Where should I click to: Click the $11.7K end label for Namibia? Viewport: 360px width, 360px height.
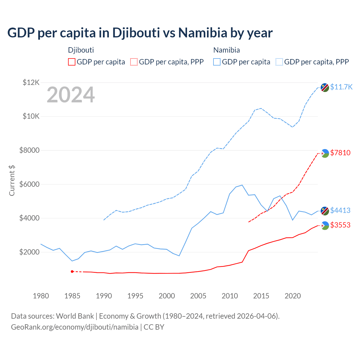click(341, 87)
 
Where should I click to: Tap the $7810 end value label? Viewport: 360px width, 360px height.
click(340, 153)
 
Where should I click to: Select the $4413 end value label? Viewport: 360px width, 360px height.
click(340, 210)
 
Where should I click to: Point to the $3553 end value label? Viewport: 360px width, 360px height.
click(340, 225)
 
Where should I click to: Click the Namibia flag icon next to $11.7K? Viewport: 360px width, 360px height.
click(325, 87)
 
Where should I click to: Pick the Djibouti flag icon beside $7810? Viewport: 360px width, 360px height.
click(325, 153)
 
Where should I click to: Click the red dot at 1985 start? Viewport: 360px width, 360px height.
click(72, 271)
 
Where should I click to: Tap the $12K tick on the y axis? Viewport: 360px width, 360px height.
click(31, 82)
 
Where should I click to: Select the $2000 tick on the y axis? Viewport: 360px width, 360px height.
click(29, 252)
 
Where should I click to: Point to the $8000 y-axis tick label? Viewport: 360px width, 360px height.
click(29, 150)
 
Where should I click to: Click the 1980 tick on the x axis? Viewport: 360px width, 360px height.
click(41, 296)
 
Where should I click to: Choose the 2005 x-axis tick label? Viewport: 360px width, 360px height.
click(198, 296)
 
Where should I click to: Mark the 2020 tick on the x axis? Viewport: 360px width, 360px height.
click(293, 296)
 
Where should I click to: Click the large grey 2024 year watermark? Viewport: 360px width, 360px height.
click(71, 95)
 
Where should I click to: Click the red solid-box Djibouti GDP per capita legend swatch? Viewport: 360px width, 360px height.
click(72, 62)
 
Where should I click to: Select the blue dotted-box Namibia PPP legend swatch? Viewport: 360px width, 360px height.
click(279, 62)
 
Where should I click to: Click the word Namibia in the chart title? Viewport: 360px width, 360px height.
click(202, 33)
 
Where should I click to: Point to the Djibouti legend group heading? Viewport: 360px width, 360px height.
click(81, 50)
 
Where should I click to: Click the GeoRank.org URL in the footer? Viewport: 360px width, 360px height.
click(75, 327)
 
